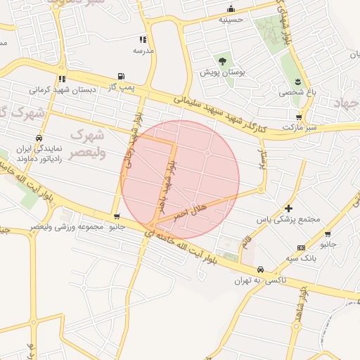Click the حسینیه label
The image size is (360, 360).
point(231,20)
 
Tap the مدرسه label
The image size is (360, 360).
point(143,51)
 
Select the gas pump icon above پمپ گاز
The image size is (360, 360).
point(122,76)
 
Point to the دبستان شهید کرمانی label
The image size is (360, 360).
point(61,90)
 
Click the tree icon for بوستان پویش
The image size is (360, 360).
point(223,62)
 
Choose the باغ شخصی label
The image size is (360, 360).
point(296,92)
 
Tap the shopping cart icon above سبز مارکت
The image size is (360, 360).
point(300,117)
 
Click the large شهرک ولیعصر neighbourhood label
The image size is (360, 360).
point(88,143)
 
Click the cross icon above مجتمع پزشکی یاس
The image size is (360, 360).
point(288,209)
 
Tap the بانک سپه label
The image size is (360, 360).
point(302,258)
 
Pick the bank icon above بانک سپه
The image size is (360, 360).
point(302,247)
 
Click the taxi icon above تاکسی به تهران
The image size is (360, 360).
point(260,270)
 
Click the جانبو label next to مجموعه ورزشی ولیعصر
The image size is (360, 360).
point(115,227)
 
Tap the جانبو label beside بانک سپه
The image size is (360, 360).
point(328,245)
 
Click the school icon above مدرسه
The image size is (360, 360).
point(143,39)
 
